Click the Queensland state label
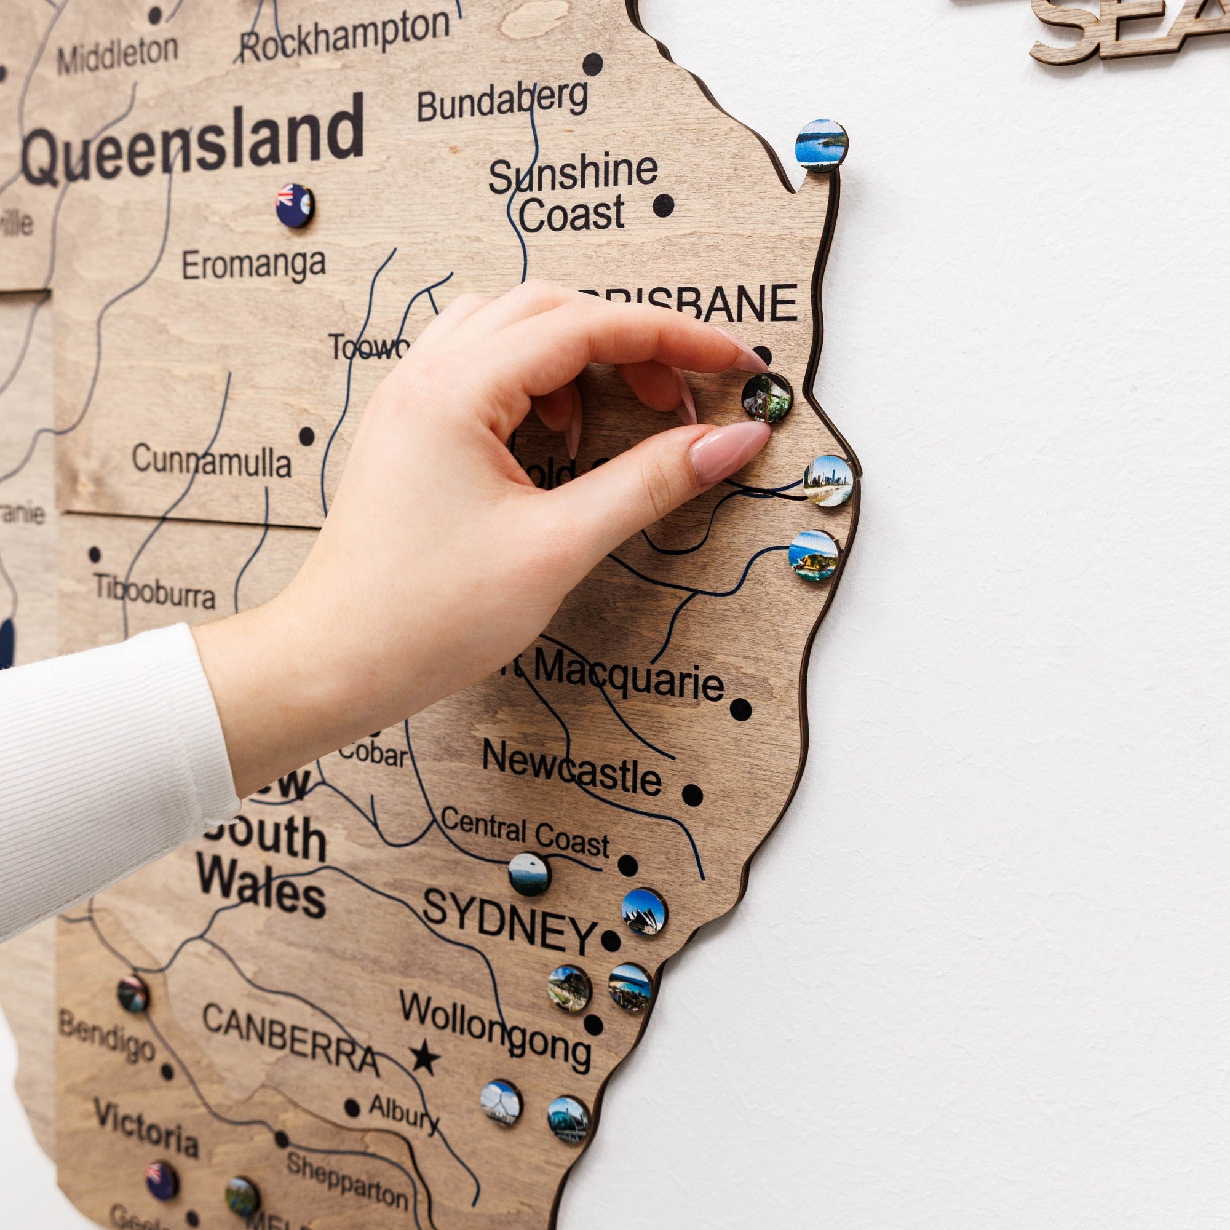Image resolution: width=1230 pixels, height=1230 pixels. tap(194, 143)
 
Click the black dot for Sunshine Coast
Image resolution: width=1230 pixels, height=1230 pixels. tap(664, 204)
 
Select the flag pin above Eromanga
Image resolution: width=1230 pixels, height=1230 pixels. tap(294, 205)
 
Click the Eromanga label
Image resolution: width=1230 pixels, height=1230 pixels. tap(253, 264)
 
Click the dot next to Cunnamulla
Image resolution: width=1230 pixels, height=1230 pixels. tap(307, 436)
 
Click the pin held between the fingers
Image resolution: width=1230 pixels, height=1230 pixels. tap(766, 397)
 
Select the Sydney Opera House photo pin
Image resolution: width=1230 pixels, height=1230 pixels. tap(644, 911)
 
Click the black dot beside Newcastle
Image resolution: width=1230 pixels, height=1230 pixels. tap(692, 795)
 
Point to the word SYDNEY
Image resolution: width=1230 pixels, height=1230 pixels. tap(508, 921)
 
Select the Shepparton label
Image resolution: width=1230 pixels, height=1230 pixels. tap(346, 1181)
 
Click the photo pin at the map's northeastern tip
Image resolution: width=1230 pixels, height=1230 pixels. tap(821, 145)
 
